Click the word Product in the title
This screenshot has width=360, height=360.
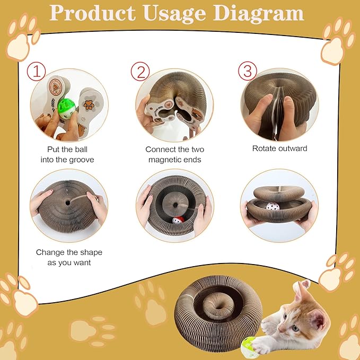(x=93, y=13)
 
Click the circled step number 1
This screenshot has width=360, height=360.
(x=36, y=72)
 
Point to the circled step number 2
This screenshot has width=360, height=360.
(x=141, y=72)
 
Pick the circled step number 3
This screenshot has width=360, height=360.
(x=247, y=71)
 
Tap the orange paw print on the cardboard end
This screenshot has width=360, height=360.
(x=89, y=105)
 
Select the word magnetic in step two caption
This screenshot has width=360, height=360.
(x=164, y=160)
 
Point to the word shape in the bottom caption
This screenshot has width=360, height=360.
(x=90, y=253)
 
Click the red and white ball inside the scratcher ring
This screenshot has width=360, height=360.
(x=178, y=220)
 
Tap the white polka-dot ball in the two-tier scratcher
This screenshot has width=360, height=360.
(x=273, y=206)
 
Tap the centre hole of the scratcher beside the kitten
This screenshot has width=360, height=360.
(x=219, y=306)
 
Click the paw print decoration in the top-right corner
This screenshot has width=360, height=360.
(x=338, y=41)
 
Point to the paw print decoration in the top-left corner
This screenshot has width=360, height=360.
(x=22, y=37)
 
